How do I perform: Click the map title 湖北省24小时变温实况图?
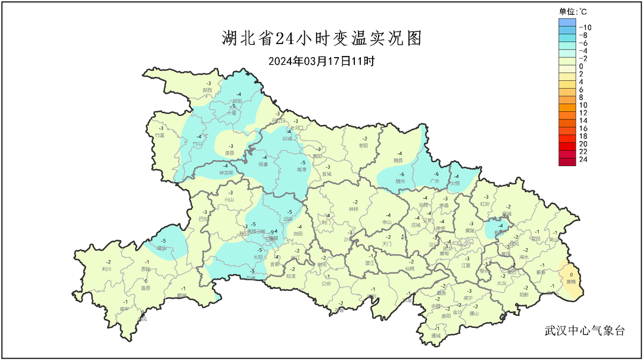pyautogui.click(x=321, y=39)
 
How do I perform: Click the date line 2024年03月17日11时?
pyautogui.click(x=321, y=61)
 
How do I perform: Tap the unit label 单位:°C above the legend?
pyautogui.click(x=573, y=11)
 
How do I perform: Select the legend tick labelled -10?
pyautogui.click(x=585, y=27)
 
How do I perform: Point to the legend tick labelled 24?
pyautogui.click(x=583, y=159)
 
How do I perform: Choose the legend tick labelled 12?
pyautogui.click(x=583, y=112)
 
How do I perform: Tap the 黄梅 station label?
pyautogui.click(x=572, y=281)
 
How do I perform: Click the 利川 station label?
pyautogui.click(x=108, y=269)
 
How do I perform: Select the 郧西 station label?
pyautogui.click(x=208, y=90)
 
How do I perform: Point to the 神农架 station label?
pyautogui.click(x=226, y=173)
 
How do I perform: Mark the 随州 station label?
pyautogui.click(x=401, y=181)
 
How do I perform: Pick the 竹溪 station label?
pyautogui.click(x=160, y=135)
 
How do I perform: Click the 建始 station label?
pyautogui.click(x=161, y=248)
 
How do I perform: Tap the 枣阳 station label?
pyautogui.click(x=364, y=146)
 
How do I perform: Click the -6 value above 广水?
pyautogui.click(x=436, y=173)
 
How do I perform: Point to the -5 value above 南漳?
pyautogui.click(x=302, y=162)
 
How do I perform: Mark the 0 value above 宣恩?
pyautogui.click(x=145, y=280)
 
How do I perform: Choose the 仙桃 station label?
pyautogui.click(x=409, y=269)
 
